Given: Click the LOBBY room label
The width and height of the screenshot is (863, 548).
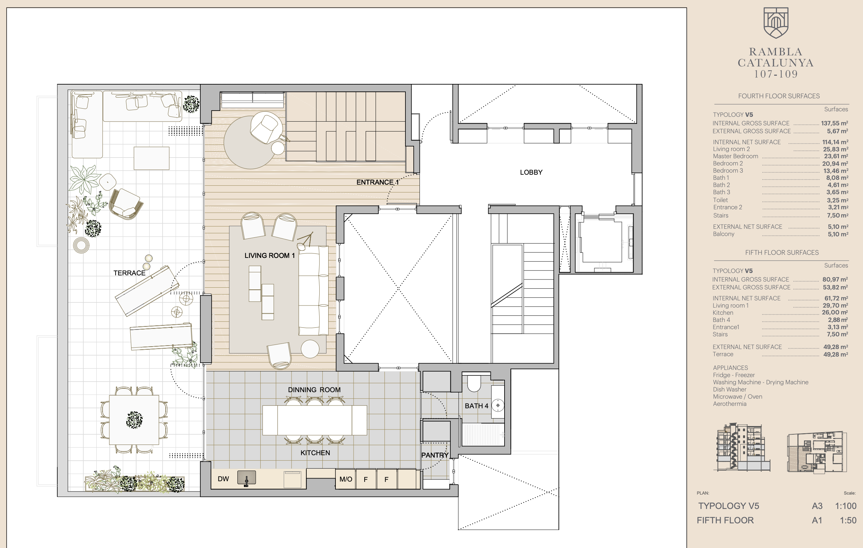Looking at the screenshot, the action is coord(531,172).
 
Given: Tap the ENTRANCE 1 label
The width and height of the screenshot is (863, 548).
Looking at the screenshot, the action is coord(377,182).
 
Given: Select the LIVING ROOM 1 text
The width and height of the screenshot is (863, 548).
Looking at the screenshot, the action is coord(270,256).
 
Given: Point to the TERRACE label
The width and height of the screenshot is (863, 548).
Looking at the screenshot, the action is coord(129,273).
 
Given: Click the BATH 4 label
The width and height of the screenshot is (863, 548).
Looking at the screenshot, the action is coord(476,406).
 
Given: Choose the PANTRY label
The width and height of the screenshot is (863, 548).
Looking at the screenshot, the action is coord(435,455).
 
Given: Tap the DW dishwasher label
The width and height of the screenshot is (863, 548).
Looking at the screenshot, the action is coord(223,479).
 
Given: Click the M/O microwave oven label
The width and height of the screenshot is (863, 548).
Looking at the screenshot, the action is coord(345,479).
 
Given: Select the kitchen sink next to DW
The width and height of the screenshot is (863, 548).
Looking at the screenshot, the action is coord(247,478).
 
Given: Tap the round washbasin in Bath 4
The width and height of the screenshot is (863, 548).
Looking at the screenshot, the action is coord(498,405).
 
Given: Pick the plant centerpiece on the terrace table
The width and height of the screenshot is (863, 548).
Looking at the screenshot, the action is coord(134,420).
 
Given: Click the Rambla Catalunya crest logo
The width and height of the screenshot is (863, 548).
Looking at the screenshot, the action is coord(776,23).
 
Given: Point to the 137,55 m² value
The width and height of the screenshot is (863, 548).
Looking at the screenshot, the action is coord(834,123).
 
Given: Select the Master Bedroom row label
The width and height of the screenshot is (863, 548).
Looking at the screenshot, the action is coord(735,157).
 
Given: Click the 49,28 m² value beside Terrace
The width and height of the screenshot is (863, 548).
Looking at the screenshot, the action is coord(836,354).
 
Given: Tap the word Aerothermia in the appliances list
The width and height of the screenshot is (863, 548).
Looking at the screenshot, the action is coord(730,404).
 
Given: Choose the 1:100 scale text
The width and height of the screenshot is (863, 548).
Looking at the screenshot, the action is coord(846,506).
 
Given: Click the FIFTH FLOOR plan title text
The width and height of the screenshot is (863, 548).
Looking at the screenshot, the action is coord(725,521).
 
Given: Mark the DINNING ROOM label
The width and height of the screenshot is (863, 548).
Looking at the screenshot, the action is coord(314,390).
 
